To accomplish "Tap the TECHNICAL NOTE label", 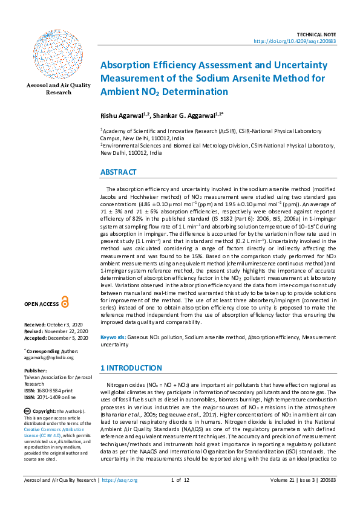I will pyautogui.click(x=316, y=34).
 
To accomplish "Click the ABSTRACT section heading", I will pyautogui.click(x=118, y=172).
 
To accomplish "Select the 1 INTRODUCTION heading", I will pyautogui.click(x=131, y=368).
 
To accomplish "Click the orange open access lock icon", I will pyautogui.click(x=65, y=302).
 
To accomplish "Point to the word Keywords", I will pyautogui.click(x=113, y=337).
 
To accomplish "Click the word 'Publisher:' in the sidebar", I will pyautogui.click(x=35, y=371).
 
